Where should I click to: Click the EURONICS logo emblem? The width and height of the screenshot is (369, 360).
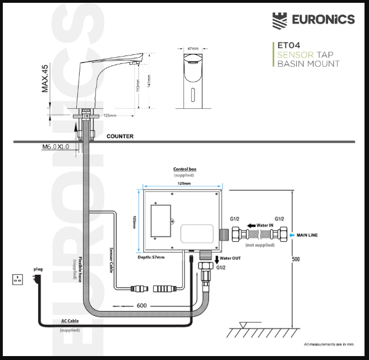tap(281, 20)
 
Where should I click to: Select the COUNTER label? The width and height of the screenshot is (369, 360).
tap(120, 136)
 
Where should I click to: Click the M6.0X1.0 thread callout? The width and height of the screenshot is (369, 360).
tap(57, 147)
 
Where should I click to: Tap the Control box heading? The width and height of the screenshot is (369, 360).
tap(184, 169)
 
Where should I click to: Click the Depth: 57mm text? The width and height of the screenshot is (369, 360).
tap(151, 257)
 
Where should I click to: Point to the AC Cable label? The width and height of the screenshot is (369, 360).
tap(70, 322)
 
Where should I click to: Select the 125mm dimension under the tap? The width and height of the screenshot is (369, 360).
tap(110, 116)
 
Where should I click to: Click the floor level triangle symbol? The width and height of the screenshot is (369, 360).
tap(243, 324)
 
